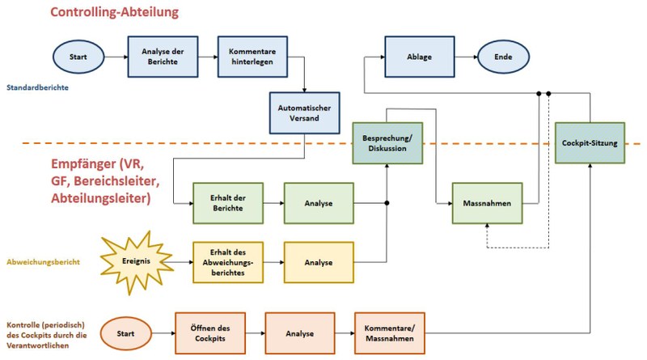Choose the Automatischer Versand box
click(x=304, y=112)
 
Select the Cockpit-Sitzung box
click(x=590, y=142)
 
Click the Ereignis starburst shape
click(x=137, y=261)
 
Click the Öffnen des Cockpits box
click(x=209, y=332)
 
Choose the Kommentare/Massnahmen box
click(x=389, y=332)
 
